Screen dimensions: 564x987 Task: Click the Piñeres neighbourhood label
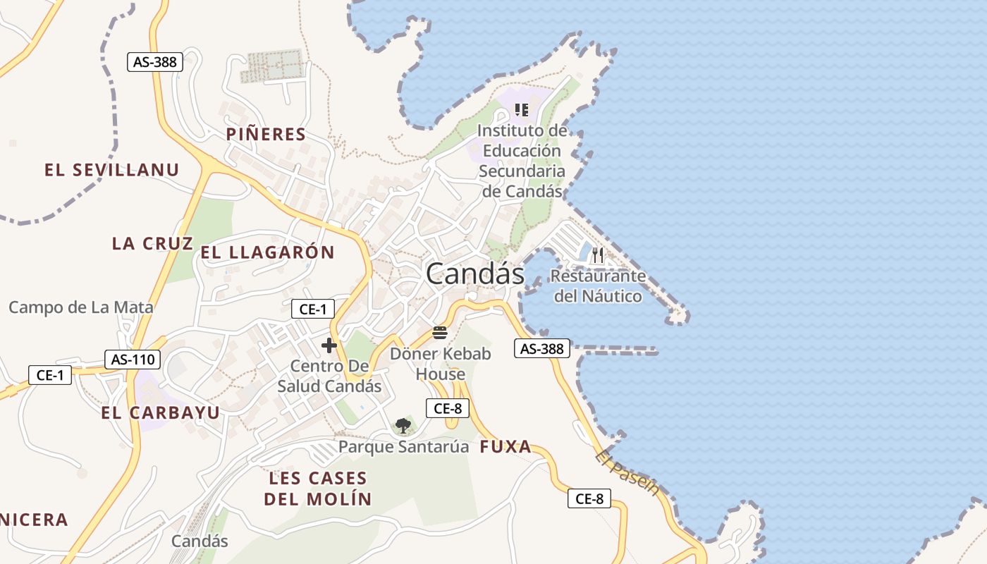click(266, 134)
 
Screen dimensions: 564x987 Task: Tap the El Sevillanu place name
click(111, 170)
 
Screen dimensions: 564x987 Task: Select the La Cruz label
click(152, 243)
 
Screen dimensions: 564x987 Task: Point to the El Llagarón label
click(267, 252)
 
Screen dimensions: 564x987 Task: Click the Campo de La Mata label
click(80, 307)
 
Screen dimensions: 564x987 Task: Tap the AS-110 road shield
click(133, 360)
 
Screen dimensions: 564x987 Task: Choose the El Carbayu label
click(160, 412)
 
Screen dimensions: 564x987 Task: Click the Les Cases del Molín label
click(317, 489)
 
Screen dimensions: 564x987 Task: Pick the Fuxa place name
click(505, 446)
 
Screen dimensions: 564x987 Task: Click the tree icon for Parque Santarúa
click(403, 426)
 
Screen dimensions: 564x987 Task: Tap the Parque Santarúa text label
click(403, 447)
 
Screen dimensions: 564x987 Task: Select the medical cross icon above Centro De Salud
click(329, 345)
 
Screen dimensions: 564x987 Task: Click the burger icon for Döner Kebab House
click(440, 333)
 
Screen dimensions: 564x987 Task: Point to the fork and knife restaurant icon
click(598, 255)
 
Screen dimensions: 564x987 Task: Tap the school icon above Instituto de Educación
click(522, 109)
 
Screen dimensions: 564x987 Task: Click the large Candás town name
click(474, 274)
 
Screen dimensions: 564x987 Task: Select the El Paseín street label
click(626, 472)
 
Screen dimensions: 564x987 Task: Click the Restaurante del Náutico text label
click(598, 286)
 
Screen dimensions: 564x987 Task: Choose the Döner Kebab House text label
click(440, 363)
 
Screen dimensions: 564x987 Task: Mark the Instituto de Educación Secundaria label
click(522, 161)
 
